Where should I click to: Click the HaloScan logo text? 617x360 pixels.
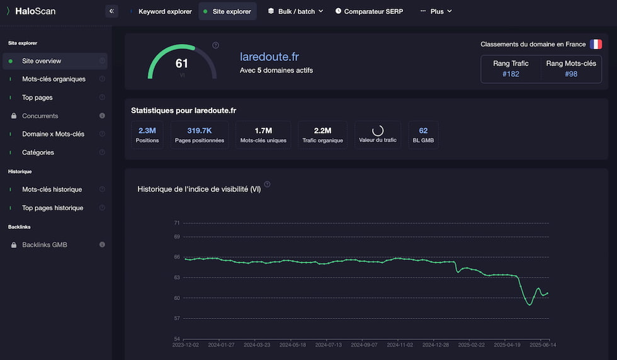coord(35,11)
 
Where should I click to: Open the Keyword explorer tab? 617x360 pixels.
coord(165,11)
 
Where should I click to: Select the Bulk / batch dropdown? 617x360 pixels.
coord(295,11)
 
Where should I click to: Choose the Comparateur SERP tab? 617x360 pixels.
coord(369,11)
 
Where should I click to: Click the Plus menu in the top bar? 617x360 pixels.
coord(436,11)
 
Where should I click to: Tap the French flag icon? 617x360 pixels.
coord(596,44)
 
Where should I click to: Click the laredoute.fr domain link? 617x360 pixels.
coord(269,57)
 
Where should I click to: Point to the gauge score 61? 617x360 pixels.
coord(182,64)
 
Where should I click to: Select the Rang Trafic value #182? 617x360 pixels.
coord(511,74)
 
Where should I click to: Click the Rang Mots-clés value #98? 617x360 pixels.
coord(571,74)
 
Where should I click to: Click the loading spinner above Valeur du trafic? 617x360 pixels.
coord(378,130)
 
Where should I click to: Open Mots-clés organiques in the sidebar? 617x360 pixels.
coord(54,79)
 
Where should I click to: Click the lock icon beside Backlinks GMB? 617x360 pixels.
coord(14,245)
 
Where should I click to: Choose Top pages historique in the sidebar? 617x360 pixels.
coord(52,208)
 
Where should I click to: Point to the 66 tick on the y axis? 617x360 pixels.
coord(177,257)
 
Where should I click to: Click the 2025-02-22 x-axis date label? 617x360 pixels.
coord(471,345)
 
